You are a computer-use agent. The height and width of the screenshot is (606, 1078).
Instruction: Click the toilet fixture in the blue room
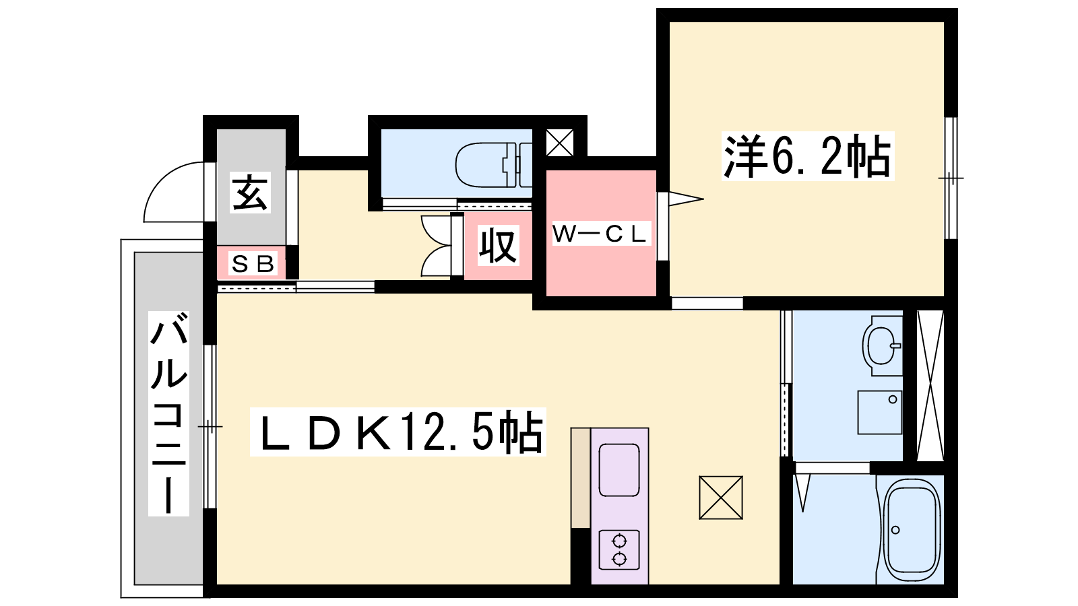click(494, 165)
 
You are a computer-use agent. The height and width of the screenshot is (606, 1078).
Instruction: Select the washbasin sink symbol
click(883, 345)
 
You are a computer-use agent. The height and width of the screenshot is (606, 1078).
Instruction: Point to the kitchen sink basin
click(619, 470)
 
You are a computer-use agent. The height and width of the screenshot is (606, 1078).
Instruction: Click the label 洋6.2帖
click(808, 156)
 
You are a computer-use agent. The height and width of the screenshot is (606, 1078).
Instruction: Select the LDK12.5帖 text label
click(398, 432)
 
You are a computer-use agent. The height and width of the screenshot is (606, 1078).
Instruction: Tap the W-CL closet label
click(601, 234)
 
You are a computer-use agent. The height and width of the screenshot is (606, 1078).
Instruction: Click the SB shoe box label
click(253, 263)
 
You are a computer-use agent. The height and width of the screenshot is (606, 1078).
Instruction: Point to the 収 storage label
click(499, 245)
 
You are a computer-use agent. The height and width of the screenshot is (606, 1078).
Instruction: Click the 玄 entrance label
click(250, 193)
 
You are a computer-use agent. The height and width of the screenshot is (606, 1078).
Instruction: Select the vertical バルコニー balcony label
click(168, 413)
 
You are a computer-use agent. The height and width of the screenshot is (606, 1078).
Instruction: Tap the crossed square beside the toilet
click(560, 143)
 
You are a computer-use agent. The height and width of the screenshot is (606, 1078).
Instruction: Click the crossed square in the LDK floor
click(721, 498)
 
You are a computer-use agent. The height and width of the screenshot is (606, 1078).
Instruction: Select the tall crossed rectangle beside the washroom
click(930, 386)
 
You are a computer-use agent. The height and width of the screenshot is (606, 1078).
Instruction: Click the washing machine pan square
click(880, 412)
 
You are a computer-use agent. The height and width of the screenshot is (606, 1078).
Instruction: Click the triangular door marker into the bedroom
click(686, 199)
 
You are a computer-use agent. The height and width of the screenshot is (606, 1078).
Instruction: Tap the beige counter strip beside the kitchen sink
click(581, 478)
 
